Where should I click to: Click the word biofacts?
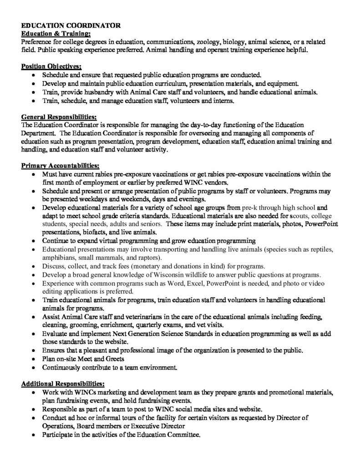coord(94,232)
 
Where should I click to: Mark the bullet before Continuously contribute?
coord(35,368)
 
